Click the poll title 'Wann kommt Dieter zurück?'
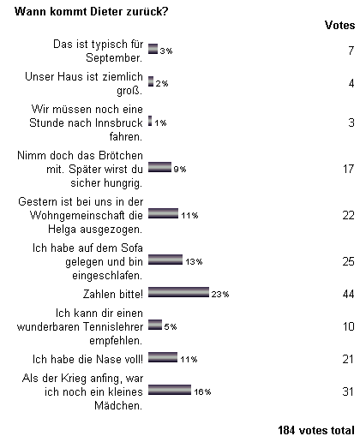(x=92, y=12)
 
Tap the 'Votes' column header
(x=339, y=25)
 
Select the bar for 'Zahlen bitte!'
(x=178, y=292)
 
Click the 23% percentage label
(x=220, y=294)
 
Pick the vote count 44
(x=349, y=294)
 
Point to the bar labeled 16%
(x=170, y=390)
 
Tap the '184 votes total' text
(x=316, y=430)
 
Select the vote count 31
(x=349, y=391)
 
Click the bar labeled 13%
(x=165, y=260)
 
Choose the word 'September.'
(x=114, y=57)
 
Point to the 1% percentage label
(x=160, y=123)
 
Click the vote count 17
(x=349, y=169)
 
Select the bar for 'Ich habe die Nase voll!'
(x=163, y=357)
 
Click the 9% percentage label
(x=180, y=170)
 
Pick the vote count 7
(x=351, y=51)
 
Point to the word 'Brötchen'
(x=121, y=155)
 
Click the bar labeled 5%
(x=155, y=325)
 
